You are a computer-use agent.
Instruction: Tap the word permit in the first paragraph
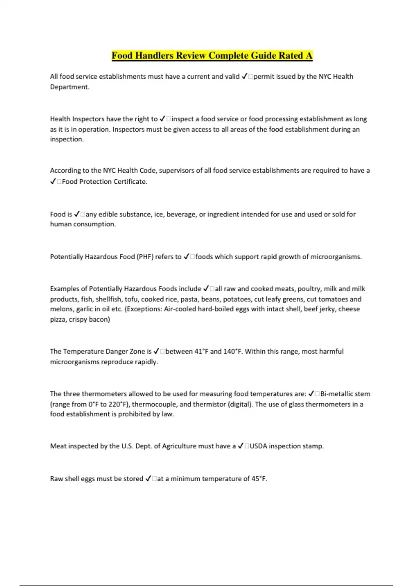point(264,77)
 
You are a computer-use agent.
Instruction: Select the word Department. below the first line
point(70,87)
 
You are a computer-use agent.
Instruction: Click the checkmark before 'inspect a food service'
point(163,119)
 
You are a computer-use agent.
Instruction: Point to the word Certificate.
point(130,182)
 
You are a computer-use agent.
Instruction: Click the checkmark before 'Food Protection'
point(53,182)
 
